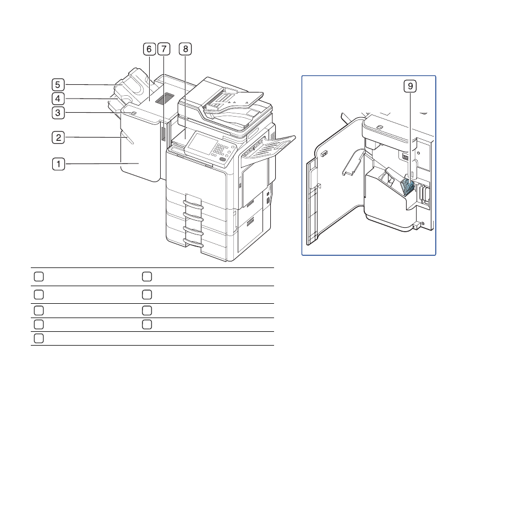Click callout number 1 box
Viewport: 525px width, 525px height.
58,164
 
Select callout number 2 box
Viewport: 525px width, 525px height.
58,137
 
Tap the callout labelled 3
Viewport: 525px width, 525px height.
58,113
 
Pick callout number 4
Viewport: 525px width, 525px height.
58,99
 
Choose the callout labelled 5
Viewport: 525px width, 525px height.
58,85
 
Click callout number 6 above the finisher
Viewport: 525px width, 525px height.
149,49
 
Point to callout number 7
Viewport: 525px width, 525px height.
164,49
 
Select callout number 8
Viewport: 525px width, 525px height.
185,49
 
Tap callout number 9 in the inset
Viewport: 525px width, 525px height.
410,86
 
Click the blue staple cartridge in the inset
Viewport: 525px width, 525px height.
407,187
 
